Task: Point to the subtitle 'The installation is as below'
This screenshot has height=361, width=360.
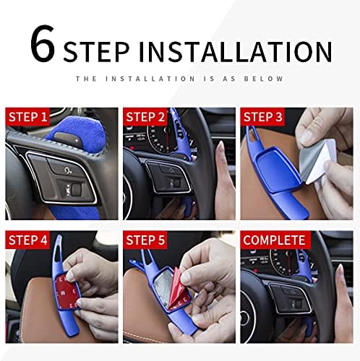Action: pyautogui.click(x=179, y=79)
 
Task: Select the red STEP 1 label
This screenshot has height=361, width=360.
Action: pyautogui.click(x=27, y=117)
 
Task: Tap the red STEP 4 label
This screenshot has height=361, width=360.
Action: pyautogui.click(x=27, y=240)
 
